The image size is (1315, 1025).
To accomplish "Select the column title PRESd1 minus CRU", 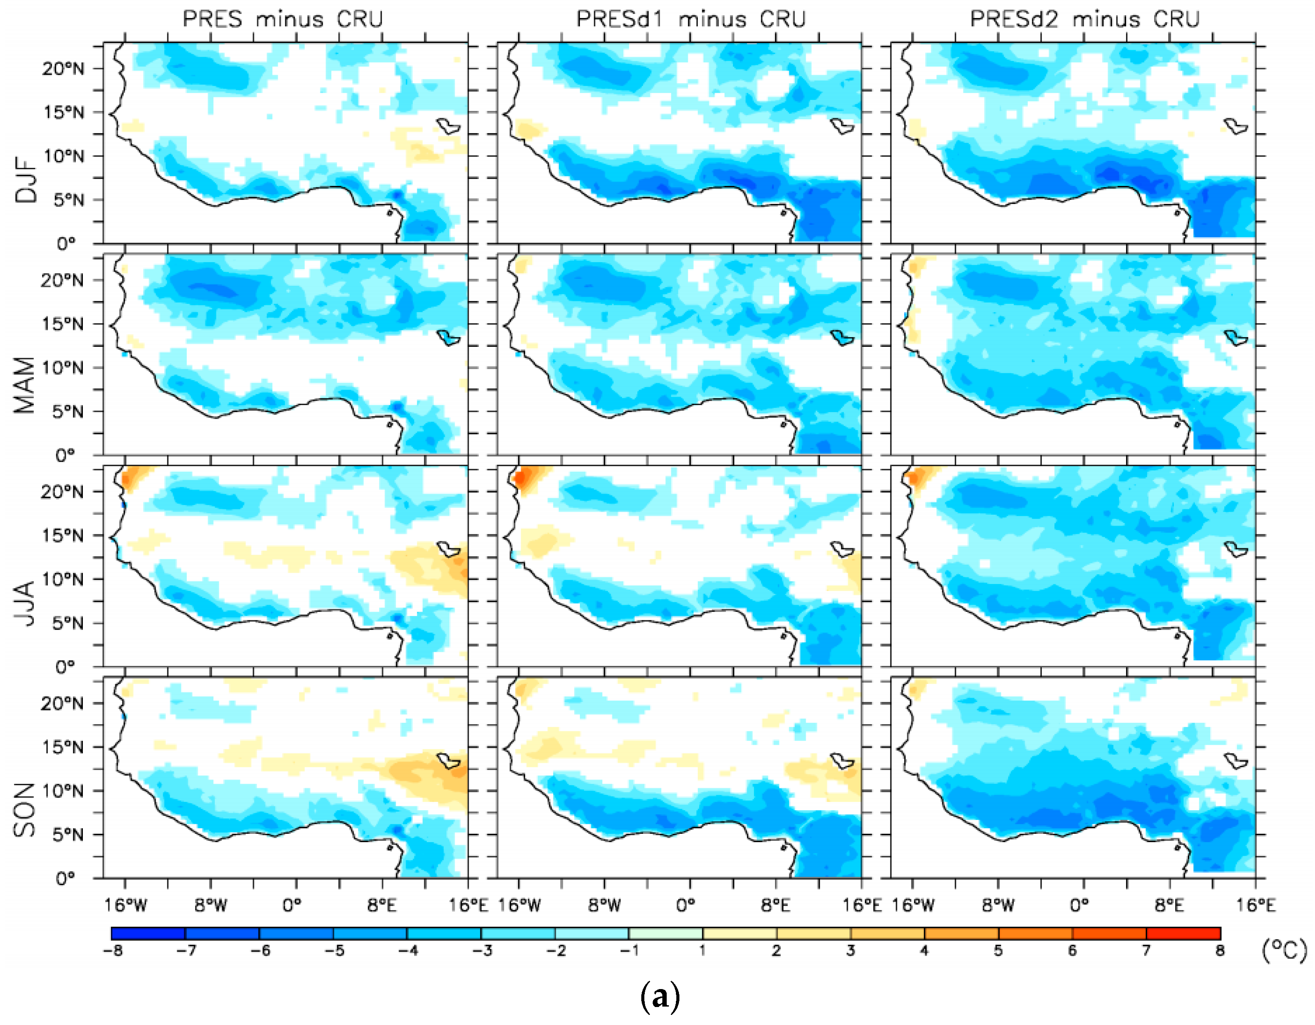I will (691, 19).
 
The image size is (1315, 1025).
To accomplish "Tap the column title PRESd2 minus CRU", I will (1084, 19).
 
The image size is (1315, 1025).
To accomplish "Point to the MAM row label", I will (25, 385).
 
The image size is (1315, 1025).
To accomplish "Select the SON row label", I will (25, 810).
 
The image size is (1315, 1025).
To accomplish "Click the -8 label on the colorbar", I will (113, 951).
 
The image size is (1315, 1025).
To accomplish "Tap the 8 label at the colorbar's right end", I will (1219, 951).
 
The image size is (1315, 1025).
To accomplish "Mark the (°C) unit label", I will (1284, 951).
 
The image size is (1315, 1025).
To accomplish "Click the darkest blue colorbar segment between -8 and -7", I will (148, 933).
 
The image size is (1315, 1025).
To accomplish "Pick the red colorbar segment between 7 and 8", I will (1183, 933).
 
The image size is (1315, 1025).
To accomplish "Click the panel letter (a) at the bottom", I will (660, 997).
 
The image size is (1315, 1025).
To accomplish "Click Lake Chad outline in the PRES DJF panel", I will (448, 126).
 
